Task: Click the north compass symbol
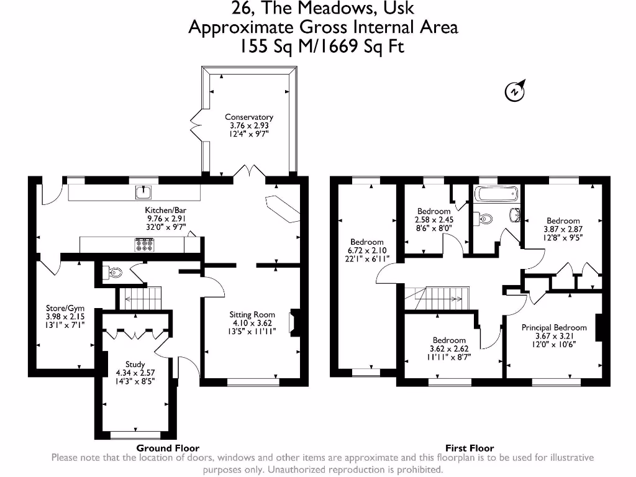[x=515, y=91]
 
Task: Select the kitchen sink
[x=144, y=192]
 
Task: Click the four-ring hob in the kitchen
[x=144, y=245]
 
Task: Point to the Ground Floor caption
[x=168, y=448]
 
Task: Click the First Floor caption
[x=470, y=448]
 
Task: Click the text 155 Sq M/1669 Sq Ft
[x=323, y=47]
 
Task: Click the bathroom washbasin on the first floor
[x=515, y=214]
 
